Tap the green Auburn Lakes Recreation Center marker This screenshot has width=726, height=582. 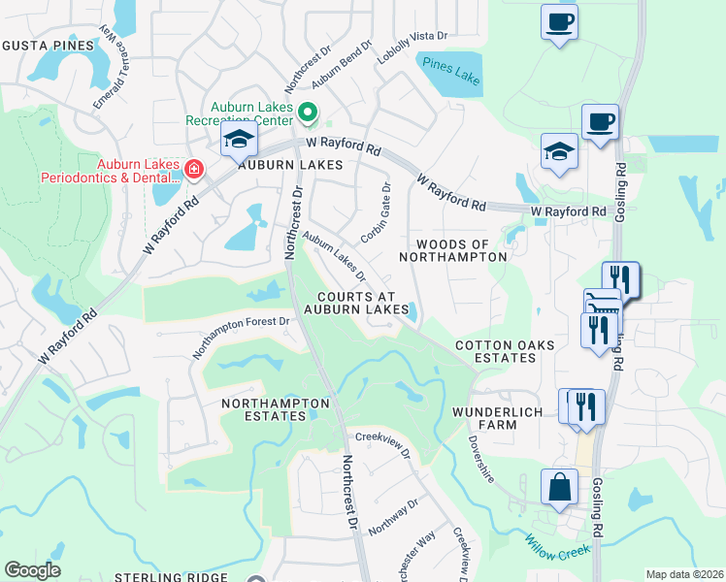pyautogui.click(x=308, y=114)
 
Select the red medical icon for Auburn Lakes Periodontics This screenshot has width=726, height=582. pyautogui.click(x=194, y=170)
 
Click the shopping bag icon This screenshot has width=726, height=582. pyautogui.click(x=560, y=488)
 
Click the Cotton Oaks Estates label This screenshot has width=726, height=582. pyautogui.click(x=495, y=351)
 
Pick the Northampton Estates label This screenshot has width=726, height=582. pyautogui.click(x=276, y=408)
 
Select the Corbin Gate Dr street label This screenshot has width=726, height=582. pyautogui.click(x=376, y=213)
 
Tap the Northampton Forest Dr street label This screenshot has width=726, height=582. pyautogui.click(x=241, y=337)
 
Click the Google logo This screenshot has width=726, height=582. pyautogui.click(x=33, y=570)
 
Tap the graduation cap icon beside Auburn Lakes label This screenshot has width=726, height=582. pyautogui.click(x=239, y=141)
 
